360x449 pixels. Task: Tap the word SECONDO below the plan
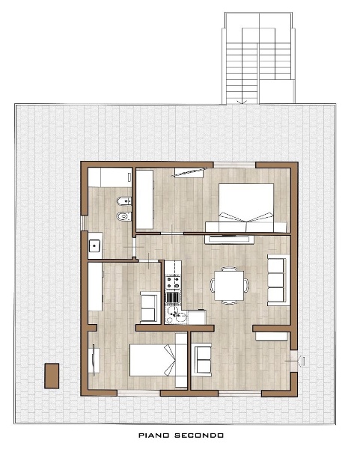click(199, 436)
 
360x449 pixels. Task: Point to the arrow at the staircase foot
click(242, 101)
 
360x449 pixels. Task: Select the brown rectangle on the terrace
click(52, 376)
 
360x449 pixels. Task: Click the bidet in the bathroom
click(124, 201)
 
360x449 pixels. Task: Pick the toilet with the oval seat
click(124, 216)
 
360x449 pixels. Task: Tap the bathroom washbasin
click(95, 245)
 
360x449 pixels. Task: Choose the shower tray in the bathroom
click(110, 177)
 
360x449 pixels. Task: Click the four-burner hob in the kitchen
click(173, 282)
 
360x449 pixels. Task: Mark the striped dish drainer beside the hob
click(173, 297)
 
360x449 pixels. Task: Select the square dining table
click(229, 286)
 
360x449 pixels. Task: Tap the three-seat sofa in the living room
click(278, 281)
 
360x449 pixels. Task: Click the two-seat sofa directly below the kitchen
click(203, 360)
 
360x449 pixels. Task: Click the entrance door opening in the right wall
click(294, 361)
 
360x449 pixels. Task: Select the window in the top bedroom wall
click(234, 165)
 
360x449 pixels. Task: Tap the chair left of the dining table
click(213, 285)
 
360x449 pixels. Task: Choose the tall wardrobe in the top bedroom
click(144, 200)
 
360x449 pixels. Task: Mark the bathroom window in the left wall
click(83, 223)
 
